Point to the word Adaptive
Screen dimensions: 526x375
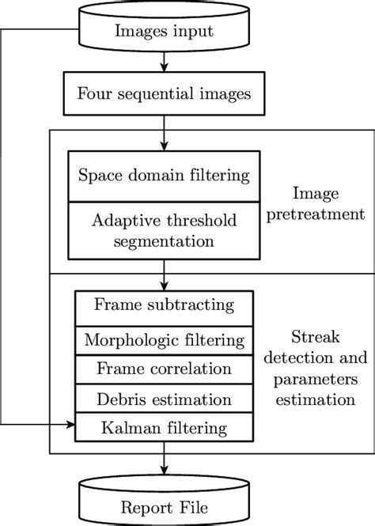127,220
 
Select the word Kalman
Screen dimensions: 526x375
129,429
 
